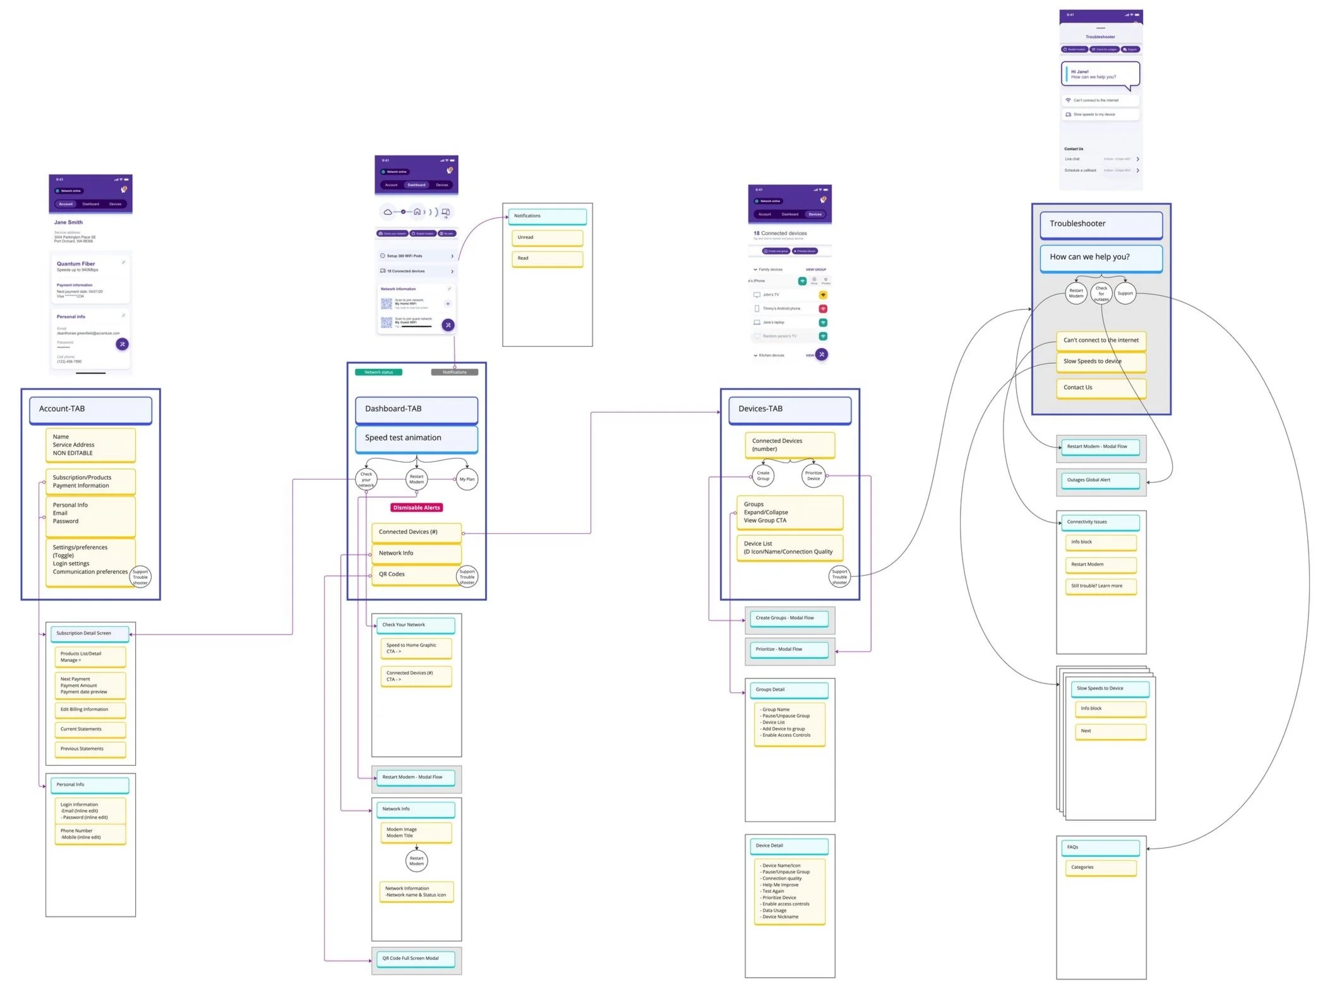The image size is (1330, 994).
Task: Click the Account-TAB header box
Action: tap(90, 409)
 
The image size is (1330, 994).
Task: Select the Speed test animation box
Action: tap(416, 439)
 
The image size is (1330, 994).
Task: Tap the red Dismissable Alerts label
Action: tap(416, 507)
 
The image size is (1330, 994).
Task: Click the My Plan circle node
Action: tap(467, 479)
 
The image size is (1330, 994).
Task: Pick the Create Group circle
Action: tap(763, 476)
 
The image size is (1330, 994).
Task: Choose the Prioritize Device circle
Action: tap(813, 476)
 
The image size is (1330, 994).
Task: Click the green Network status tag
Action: tap(378, 372)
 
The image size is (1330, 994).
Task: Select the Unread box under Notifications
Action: tap(547, 238)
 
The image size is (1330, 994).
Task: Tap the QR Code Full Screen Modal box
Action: tap(416, 959)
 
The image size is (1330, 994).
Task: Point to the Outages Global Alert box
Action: tap(1100, 480)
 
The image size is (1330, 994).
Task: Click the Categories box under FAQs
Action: tap(1100, 868)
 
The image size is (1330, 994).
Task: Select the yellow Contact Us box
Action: tap(1101, 388)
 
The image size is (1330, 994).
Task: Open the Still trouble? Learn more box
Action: tap(1100, 586)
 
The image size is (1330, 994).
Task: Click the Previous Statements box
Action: tap(90, 749)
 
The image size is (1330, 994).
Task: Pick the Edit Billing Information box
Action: tap(90, 710)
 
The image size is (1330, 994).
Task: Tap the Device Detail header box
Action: tap(789, 846)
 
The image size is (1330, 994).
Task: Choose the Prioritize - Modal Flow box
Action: tap(789, 650)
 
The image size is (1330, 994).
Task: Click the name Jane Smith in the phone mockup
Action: tap(68, 222)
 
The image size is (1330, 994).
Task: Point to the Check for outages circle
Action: tap(1101, 293)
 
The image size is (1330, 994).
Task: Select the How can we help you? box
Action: tap(1101, 258)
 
